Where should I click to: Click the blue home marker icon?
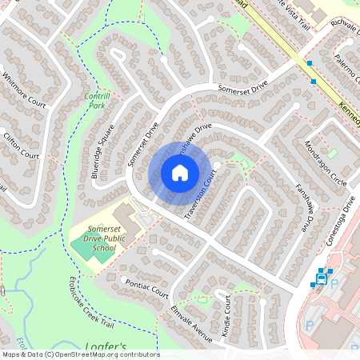(180, 173)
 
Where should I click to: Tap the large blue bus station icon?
(322, 279)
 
